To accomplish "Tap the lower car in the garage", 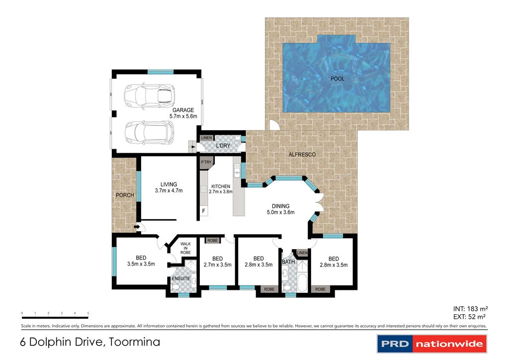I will click(x=149, y=131).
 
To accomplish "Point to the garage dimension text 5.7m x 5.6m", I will click(x=183, y=117).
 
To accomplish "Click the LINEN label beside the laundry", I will click(x=207, y=138).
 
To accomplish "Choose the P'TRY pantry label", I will click(x=206, y=163).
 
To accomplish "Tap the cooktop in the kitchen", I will click(x=203, y=189).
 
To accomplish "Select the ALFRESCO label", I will click(x=302, y=155).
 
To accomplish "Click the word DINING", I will click(x=280, y=206).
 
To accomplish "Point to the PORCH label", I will click(x=125, y=195).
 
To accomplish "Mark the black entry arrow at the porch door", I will click(x=136, y=228).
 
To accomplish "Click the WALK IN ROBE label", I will click(x=185, y=248).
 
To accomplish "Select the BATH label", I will click(x=288, y=262).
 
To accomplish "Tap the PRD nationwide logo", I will click(x=431, y=344).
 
